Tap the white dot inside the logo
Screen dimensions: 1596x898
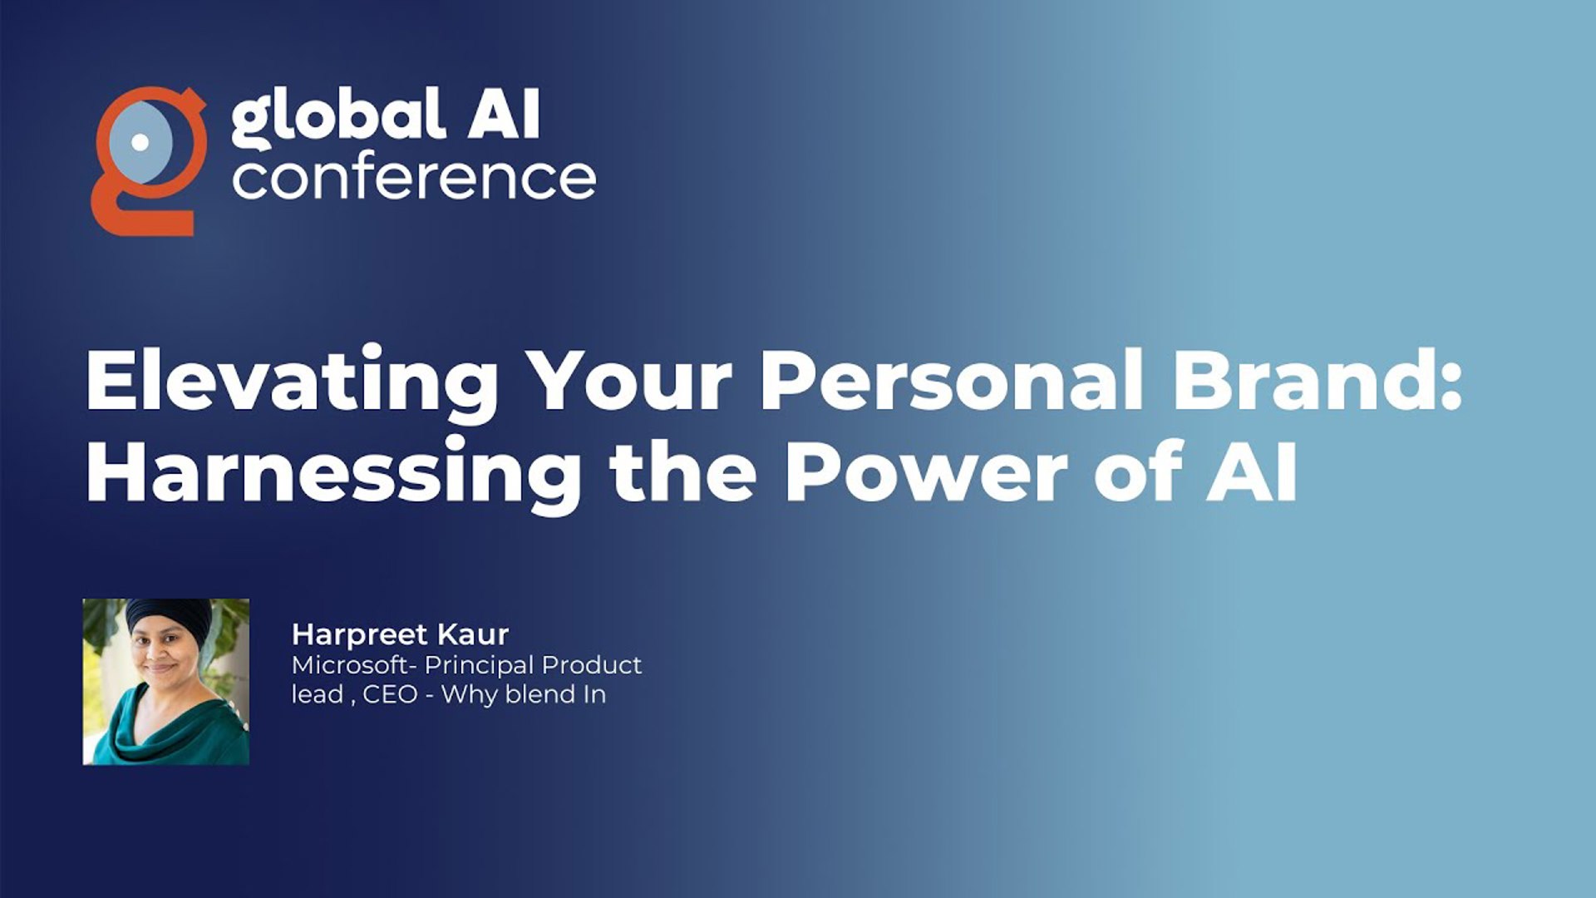coord(140,141)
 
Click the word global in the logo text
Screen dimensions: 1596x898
coord(337,116)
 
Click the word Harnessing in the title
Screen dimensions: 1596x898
coord(333,472)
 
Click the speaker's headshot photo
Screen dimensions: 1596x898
coord(166,682)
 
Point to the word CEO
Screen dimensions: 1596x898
coord(390,694)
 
